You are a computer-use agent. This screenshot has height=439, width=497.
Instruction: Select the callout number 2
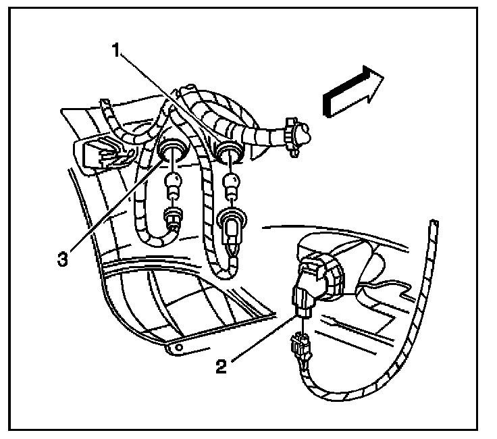(x=221, y=367)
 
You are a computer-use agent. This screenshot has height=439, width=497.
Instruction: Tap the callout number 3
(x=63, y=259)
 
